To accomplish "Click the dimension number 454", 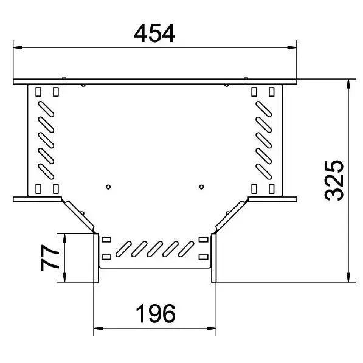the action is (154, 33).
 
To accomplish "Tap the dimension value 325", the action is (334, 181).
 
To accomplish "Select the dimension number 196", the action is (156, 314).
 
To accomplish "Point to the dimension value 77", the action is (49, 258).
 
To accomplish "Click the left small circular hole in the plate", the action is (108, 187).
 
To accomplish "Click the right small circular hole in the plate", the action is (201, 187).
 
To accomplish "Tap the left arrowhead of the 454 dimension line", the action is (18, 47).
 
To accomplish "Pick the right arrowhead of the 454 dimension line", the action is (292, 47).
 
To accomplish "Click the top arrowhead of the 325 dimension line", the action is (348, 84).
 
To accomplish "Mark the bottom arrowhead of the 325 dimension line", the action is (348, 277).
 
